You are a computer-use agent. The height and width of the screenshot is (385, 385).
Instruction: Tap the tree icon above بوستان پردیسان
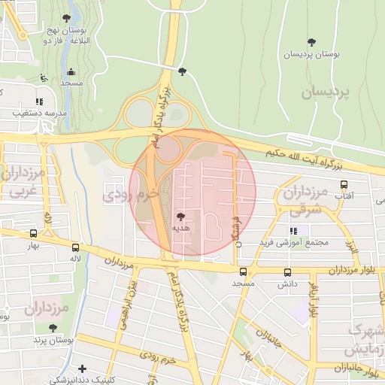click(x=311, y=41)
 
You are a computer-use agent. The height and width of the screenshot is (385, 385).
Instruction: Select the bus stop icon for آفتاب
click(x=344, y=184)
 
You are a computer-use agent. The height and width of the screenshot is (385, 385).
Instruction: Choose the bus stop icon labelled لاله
click(x=75, y=247)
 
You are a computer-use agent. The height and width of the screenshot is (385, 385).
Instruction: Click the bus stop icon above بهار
click(x=32, y=234)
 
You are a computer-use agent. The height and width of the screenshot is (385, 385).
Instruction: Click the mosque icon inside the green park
click(x=71, y=72)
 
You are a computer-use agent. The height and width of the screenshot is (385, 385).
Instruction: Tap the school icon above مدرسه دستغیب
click(x=39, y=102)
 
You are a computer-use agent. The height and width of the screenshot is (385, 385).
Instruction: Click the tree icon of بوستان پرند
click(x=53, y=328)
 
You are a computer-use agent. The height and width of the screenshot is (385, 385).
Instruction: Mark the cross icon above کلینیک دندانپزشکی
click(x=81, y=368)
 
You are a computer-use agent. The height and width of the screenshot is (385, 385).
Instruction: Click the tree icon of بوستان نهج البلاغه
click(x=66, y=18)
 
